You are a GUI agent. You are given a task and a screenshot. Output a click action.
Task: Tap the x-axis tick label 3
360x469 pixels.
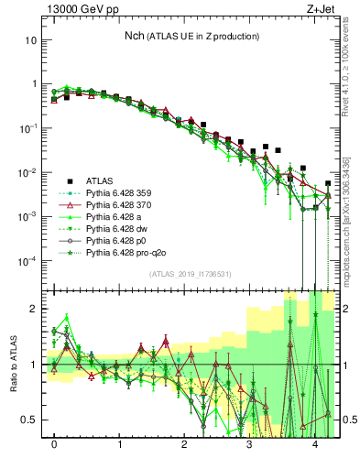point(249,444)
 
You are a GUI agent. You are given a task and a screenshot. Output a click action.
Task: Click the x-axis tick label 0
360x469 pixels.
point(55,444)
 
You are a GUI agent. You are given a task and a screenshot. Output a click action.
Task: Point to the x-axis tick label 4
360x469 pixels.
point(314,444)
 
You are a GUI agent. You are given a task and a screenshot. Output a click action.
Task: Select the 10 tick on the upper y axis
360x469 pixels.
point(32,40)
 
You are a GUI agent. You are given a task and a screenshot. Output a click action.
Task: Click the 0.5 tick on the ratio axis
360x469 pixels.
point(30,420)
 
